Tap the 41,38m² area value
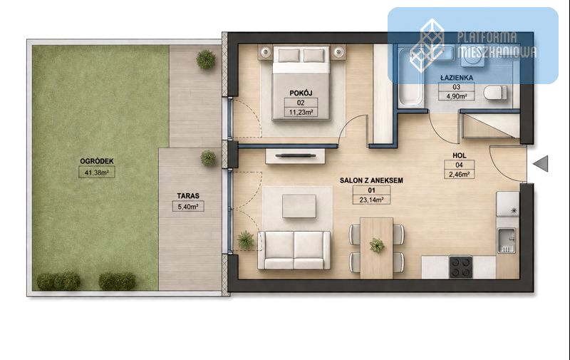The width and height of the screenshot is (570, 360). (97, 173)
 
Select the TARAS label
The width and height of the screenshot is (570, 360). (188, 195)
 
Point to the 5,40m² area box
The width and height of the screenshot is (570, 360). (188, 207)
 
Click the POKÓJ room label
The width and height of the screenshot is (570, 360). (301, 93)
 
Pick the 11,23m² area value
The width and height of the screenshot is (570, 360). (301, 113)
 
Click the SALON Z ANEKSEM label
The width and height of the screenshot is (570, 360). (371, 180)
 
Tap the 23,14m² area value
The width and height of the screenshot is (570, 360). (371, 200)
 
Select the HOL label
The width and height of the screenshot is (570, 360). (459, 155)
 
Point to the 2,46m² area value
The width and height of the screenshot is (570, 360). (459, 175)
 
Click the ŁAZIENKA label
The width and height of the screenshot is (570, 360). (457, 78)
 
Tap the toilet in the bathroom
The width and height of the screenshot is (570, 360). (495, 93)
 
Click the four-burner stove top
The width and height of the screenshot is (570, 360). (460, 267)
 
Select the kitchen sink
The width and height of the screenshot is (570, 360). (506, 240)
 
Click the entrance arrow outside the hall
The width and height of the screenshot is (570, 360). (541, 163)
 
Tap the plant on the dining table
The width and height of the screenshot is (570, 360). (377, 245)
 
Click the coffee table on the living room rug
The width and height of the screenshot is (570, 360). (299, 207)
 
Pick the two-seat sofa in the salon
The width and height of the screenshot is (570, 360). (294, 250)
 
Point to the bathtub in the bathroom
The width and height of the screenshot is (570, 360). (411, 78)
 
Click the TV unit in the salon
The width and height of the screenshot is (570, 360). (295, 156)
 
